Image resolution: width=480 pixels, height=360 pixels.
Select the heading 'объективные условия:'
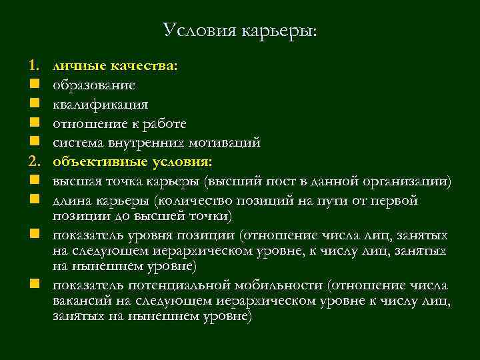click(x=133, y=162)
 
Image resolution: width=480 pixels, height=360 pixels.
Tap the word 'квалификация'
click(x=101, y=105)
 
